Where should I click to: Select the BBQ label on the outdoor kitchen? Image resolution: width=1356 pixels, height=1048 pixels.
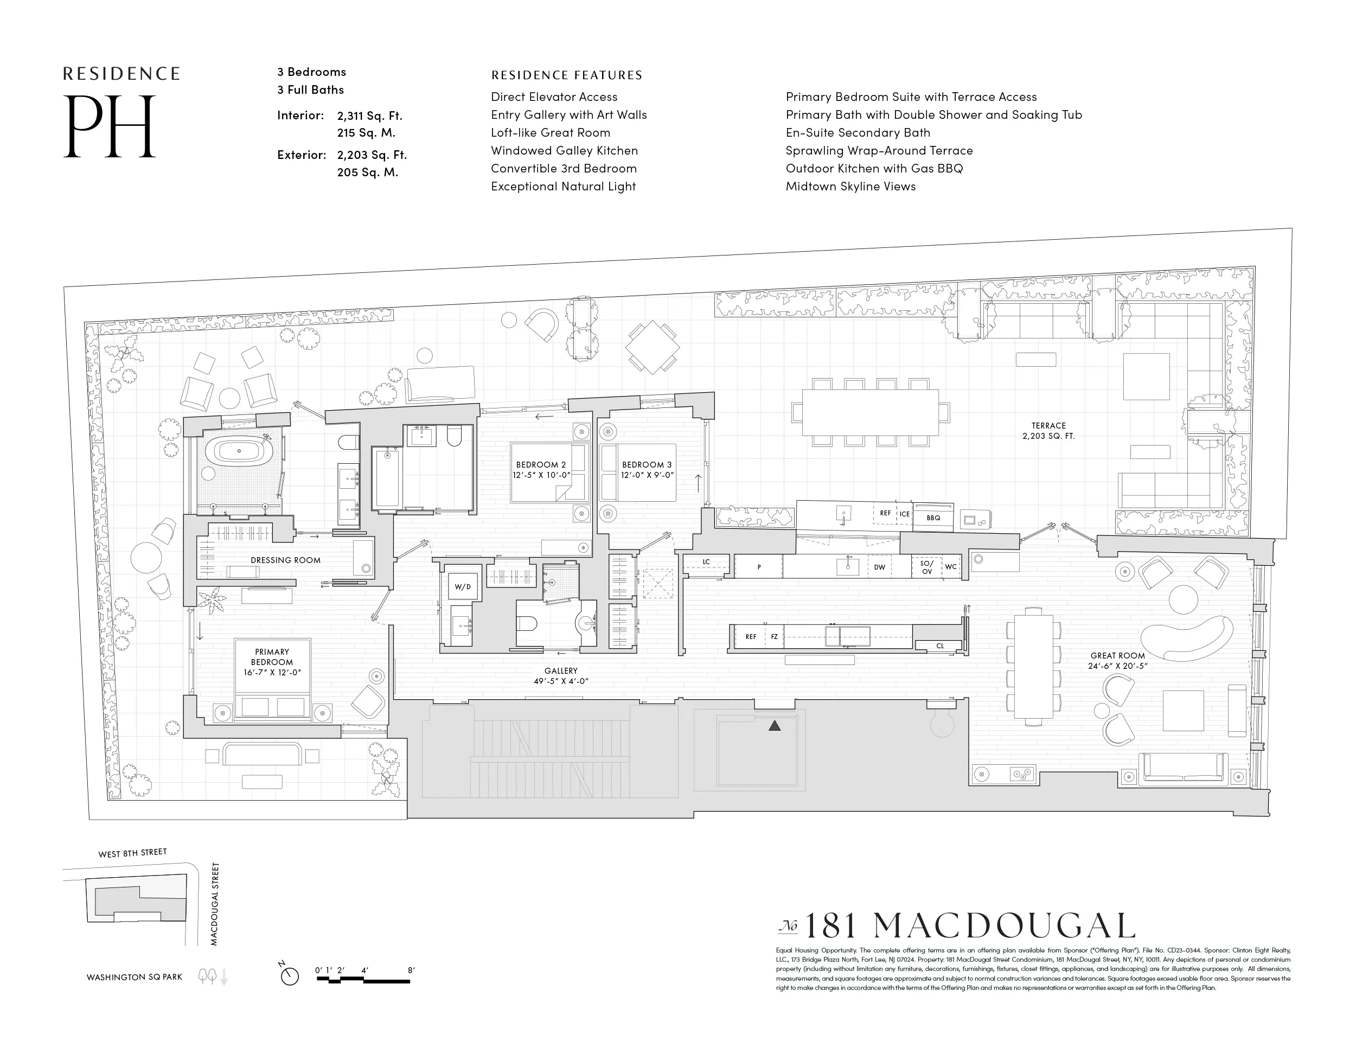click(x=933, y=517)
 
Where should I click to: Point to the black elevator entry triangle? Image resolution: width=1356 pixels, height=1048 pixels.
click(x=774, y=725)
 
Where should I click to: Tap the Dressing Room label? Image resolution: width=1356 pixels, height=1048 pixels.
click(x=286, y=560)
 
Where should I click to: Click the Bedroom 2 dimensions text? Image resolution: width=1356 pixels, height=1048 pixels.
click(x=541, y=475)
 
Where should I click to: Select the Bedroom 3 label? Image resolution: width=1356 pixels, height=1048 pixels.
click(x=647, y=464)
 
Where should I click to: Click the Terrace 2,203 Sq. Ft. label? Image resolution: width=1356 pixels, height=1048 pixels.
click(x=1048, y=431)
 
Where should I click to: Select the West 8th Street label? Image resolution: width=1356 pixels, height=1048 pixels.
click(x=132, y=853)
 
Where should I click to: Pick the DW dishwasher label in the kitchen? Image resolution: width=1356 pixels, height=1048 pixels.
click(x=879, y=567)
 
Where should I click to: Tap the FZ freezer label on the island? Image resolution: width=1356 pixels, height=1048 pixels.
click(x=774, y=636)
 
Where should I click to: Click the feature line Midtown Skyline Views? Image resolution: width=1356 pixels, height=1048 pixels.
click(x=850, y=186)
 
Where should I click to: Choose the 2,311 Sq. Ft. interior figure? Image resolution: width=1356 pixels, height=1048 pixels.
click(x=369, y=116)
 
